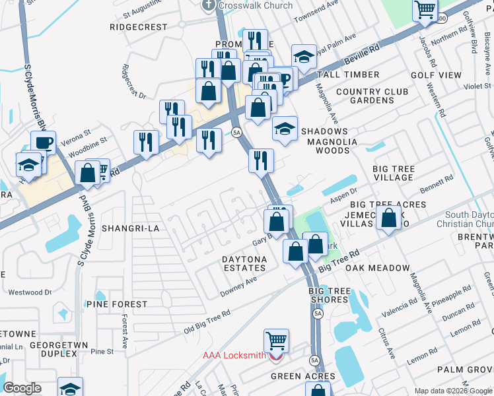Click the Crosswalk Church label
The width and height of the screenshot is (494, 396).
(x=246, y=5)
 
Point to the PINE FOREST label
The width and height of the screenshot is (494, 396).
(x=116, y=304)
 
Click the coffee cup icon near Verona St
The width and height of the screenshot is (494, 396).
(x=44, y=142)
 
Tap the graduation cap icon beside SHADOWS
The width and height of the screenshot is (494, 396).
(x=285, y=128)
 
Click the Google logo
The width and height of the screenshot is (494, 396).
(x=22, y=387)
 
